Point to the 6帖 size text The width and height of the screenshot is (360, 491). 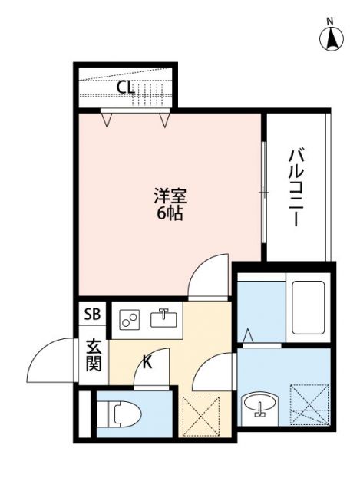[169, 214]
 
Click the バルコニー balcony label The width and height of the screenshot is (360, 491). [294, 187]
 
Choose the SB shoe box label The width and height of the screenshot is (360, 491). [92, 314]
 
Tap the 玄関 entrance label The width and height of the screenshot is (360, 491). [93, 354]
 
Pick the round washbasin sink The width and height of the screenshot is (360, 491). [259, 406]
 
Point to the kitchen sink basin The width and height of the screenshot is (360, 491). [163, 318]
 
